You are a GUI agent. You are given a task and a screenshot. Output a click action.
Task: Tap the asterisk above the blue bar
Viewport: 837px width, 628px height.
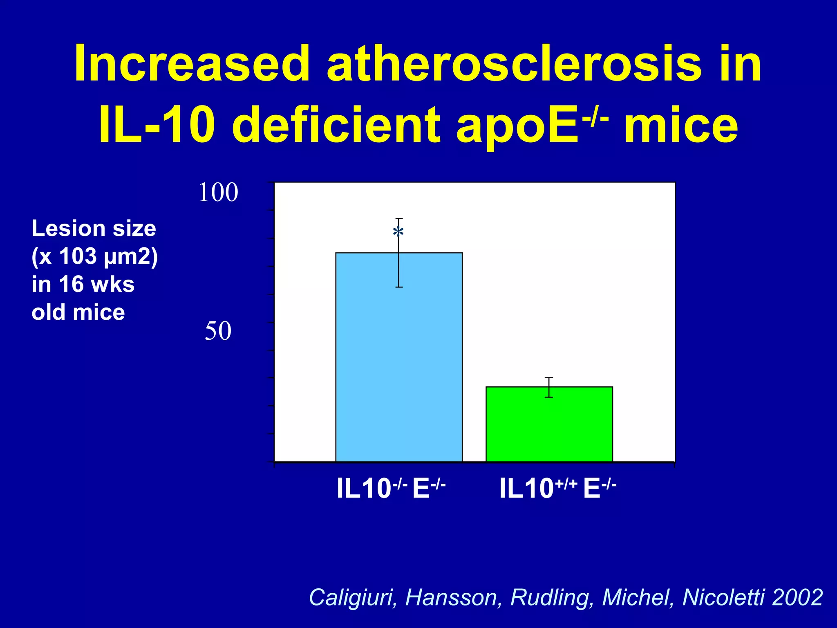pos(398,233)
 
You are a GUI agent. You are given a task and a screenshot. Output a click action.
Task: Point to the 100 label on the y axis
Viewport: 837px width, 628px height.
pos(218,193)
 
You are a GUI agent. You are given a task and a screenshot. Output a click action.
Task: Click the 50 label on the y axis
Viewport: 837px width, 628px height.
pos(218,331)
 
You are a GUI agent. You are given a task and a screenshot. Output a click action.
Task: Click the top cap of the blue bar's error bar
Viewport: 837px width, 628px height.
pos(399,219)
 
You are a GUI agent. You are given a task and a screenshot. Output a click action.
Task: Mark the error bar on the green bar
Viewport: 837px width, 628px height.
pos(549,387)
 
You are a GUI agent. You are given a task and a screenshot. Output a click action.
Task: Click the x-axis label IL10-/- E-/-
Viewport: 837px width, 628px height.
pos(391,488)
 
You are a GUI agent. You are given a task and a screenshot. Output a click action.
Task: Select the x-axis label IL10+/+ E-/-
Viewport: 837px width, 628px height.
pos(557,488)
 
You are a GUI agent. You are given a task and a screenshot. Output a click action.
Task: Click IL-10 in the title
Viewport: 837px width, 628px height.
pos(157,125)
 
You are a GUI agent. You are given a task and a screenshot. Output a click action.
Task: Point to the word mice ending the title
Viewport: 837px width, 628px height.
pos(681,125)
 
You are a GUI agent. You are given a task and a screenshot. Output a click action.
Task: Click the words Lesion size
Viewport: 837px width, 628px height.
pos(94,228)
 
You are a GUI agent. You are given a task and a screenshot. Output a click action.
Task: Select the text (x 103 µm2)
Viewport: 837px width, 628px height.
pos(94,256)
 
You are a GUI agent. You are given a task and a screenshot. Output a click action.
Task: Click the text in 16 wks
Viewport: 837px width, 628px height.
pos(83,284)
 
